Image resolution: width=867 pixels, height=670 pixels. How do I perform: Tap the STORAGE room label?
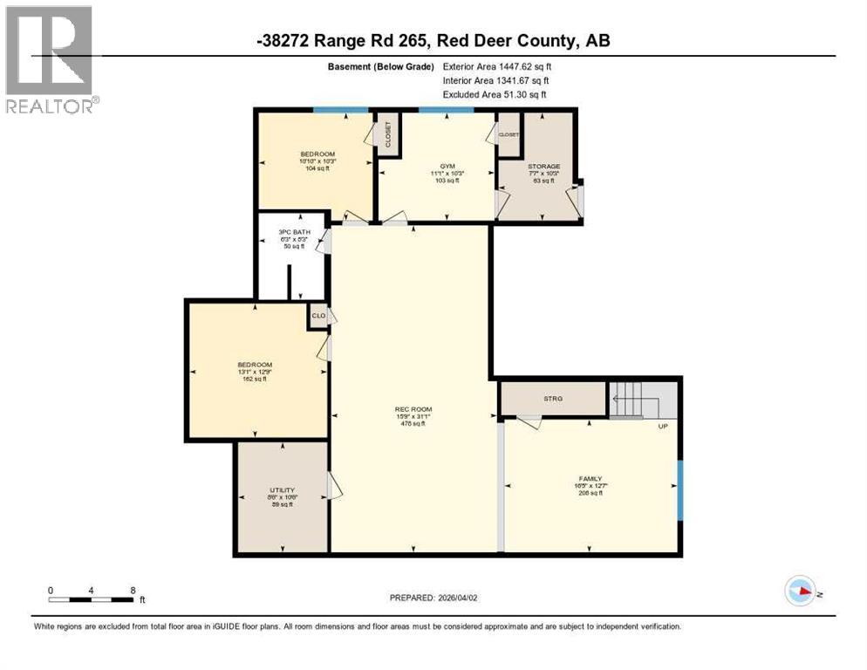[543, 167]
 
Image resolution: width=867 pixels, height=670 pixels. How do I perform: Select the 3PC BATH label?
[294, 232]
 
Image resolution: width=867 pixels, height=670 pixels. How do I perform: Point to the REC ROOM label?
[413, 409]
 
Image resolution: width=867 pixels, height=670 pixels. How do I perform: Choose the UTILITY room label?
[280, 491]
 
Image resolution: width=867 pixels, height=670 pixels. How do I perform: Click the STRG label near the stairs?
[553, 399]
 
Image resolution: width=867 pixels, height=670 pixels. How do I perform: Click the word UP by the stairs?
[663, 427]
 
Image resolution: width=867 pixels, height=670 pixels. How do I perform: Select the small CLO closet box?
[318, 316]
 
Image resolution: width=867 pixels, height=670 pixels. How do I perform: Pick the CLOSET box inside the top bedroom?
[387, 134]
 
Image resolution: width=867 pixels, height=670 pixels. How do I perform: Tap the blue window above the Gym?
[446, 110]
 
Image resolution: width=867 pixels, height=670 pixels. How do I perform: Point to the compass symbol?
[800, 591]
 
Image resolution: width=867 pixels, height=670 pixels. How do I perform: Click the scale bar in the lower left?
[91, 599]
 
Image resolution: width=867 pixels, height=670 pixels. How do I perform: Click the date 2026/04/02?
[459, 598]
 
